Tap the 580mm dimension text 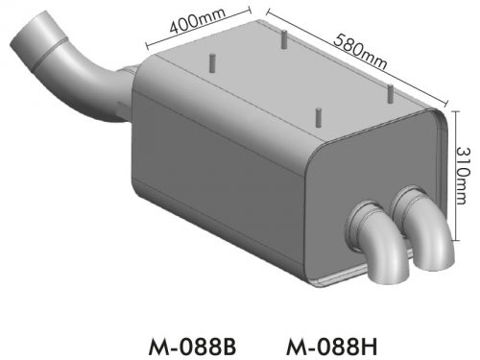click(360, 53)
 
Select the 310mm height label click(463, 176)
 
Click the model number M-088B click(192, 347)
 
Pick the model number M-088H click(331, 347)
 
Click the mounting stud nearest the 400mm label click(211, 62)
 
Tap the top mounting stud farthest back click(284, 39)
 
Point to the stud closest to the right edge click(391, 93)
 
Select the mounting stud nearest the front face click(318, 118)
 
